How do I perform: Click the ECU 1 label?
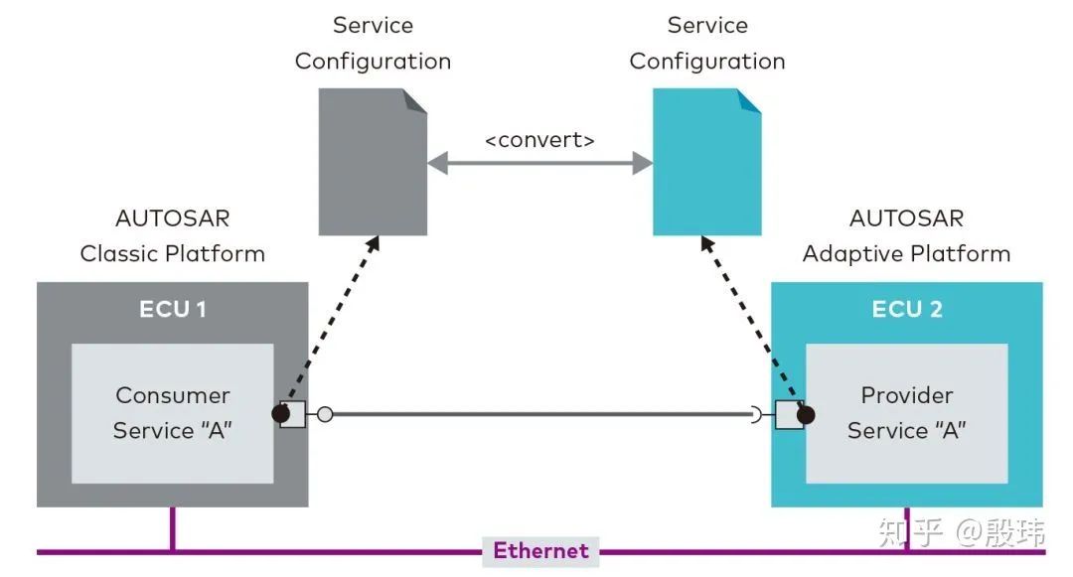(x=173, y=309)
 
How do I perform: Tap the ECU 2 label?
(x=906, y=309)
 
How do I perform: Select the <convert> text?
(x=539, y=140)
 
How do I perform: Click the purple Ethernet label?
(x=540, y=550)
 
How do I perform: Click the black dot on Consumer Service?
(x=281, y=414)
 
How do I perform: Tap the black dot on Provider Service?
(x=805, y=414)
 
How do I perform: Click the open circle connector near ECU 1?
(x=324, y=415)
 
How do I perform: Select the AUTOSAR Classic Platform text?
(x=173, y=236)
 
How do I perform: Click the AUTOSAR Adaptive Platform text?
(x=906, y=236)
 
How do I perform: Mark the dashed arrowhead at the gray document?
(x=375, y=242)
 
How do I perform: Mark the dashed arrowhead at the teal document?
(x=704, y=242)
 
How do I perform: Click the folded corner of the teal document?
(x=750, y=98)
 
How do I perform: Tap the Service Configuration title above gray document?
(x=373, y=44)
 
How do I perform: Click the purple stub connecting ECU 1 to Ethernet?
(x=172, y=527)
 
